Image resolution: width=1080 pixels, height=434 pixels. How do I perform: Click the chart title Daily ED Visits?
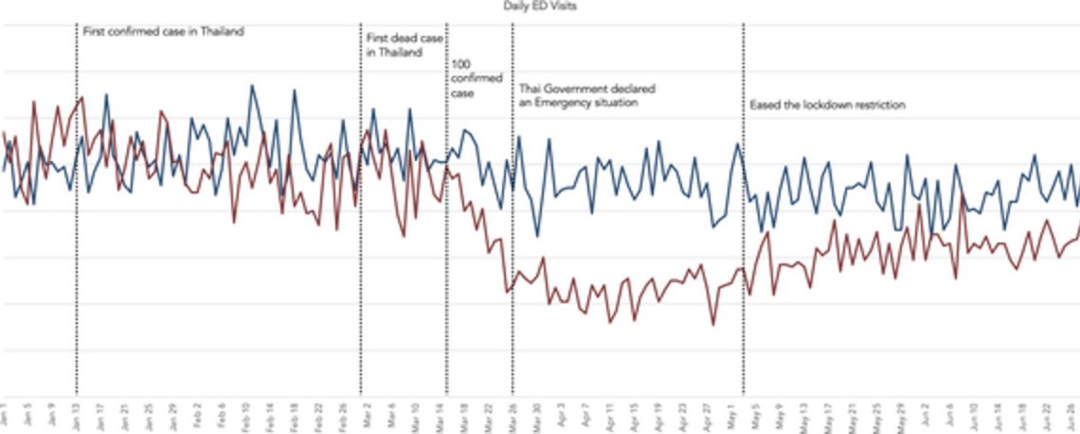[539, 6]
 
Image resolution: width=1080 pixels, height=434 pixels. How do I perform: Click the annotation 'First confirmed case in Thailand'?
[163, 31]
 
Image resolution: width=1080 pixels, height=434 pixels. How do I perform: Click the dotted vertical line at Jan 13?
[76, 284]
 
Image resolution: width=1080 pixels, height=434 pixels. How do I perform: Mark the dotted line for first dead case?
[360, 284]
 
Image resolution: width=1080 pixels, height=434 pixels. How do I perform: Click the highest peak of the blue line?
[252, 85]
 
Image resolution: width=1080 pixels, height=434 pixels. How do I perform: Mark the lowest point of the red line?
[712, 325]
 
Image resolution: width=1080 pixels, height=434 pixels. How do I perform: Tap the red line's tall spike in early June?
[963, 196]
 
